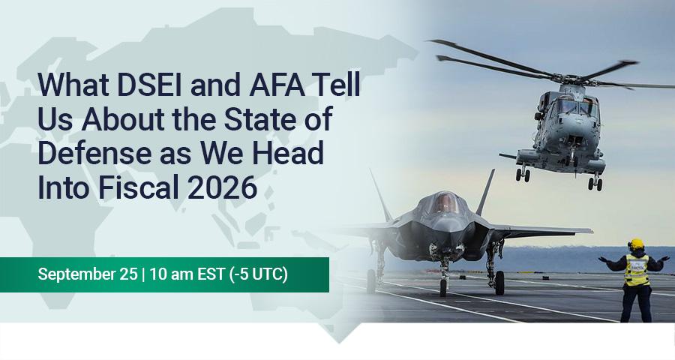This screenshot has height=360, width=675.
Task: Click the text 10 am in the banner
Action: point(171,274)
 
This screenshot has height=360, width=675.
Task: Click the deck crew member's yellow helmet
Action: point(637,244)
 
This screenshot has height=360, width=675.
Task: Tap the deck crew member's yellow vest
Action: point(637,270)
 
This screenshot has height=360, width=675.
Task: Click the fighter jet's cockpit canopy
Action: point(448,202)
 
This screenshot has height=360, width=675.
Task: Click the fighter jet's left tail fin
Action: point(381,196)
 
